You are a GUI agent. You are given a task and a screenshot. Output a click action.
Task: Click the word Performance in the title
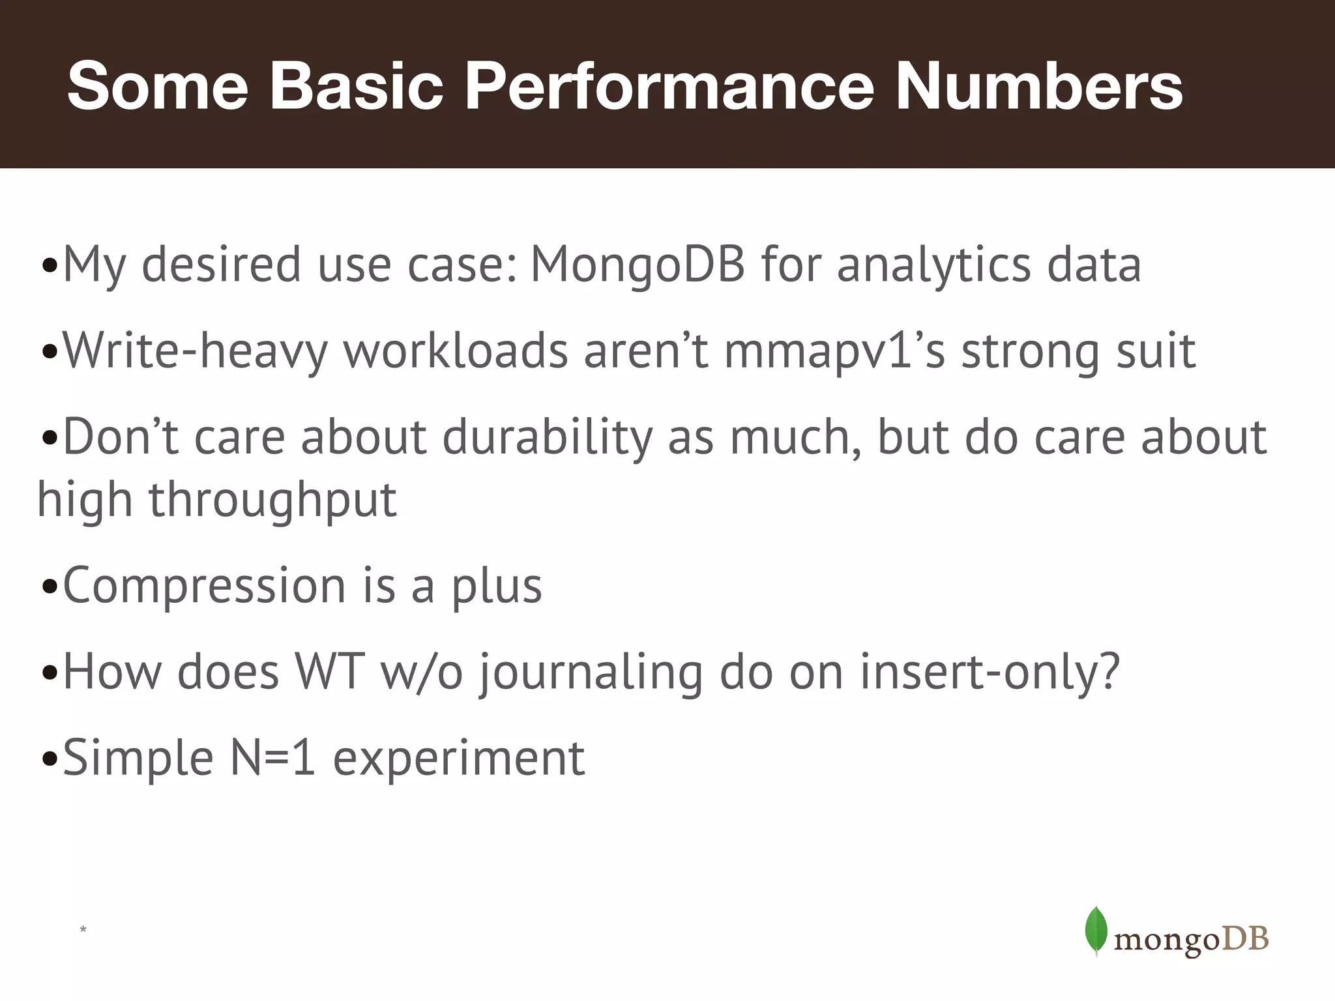tap(669, 86)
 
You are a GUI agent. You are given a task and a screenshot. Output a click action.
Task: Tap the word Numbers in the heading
tap(1039, 86)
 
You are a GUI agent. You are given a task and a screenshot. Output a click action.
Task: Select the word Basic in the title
tap(356, 86)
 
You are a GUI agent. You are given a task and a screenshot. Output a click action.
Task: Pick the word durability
tap(548, 437)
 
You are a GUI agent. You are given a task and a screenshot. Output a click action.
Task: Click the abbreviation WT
tap(329, 671)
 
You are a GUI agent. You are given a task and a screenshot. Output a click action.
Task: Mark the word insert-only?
tap(990, 671)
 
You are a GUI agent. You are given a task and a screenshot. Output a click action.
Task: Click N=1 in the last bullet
tap(273, 758)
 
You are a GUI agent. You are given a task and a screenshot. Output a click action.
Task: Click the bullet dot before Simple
tap(49, 759)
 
